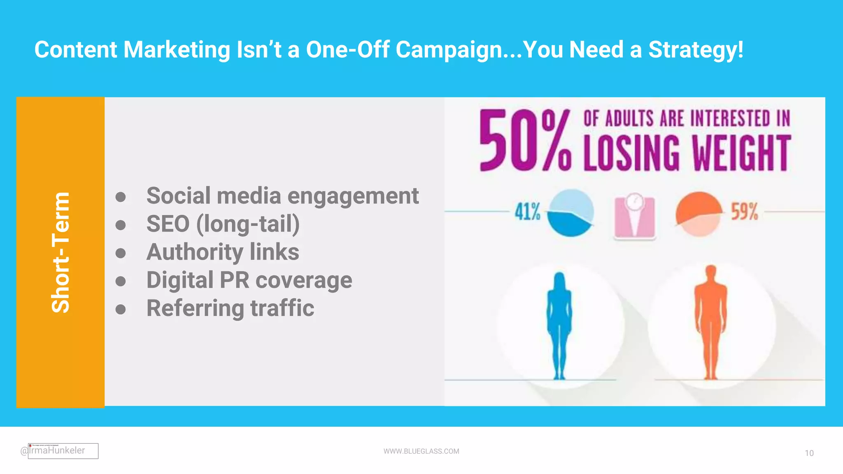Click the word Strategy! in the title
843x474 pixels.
tap(696, 50)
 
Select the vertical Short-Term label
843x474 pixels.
tap(61, 252)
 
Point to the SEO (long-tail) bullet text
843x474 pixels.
tap(223, 224)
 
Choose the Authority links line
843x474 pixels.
tap(223, 252)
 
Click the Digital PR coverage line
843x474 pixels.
tap(249, 280)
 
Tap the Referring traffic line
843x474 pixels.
tap(230, 308)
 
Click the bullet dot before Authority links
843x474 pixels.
tap(121, 253)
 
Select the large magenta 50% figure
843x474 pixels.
tap(525, 141)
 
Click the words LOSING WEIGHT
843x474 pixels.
tap(687, 153)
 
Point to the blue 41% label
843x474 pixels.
tap(527, 211)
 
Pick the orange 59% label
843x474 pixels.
tap(744, 211)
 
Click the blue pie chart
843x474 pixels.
tap(571, 213)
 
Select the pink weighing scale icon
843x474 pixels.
tap(634, 217)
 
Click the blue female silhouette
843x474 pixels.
tap(559, 325)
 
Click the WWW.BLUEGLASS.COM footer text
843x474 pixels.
tap(421, 451)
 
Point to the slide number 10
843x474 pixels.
tap(809, 453)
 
